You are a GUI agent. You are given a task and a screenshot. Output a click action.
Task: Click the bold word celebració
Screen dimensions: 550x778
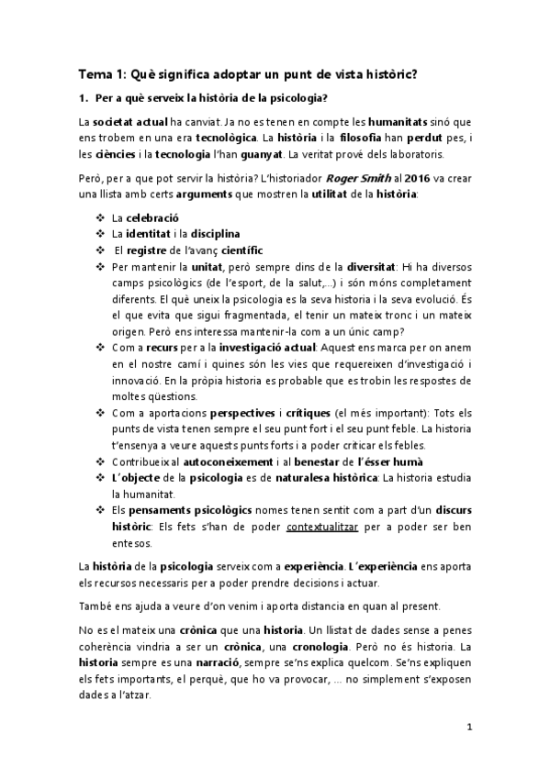point(147,217)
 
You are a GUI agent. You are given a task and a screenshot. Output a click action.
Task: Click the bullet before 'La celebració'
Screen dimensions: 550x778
point(100,217)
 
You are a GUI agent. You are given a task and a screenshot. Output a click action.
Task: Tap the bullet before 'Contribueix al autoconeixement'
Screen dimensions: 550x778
point(100,461)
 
